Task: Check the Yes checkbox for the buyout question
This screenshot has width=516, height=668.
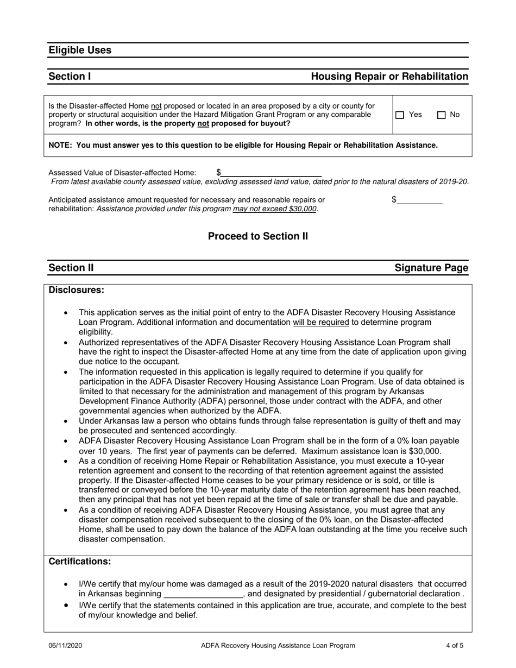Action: point(400,115)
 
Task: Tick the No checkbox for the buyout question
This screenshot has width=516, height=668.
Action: point(442,115)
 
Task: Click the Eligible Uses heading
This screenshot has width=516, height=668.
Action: point(80,50)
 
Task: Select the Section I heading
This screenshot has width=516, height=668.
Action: point(70,77)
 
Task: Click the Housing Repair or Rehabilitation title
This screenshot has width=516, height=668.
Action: point(389,77)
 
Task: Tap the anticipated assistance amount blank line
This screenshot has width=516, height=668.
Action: point(420,200)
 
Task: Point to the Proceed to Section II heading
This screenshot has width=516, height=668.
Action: point(258,236)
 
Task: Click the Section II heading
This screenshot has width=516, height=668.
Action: point(71,268)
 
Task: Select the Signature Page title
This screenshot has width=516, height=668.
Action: point(431,268)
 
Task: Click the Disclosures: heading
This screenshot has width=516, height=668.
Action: point(77,290)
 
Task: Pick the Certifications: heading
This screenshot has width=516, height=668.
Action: point(80,561)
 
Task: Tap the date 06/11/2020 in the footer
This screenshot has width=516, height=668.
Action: point(66,646)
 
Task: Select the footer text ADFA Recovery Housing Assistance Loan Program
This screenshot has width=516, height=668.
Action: point(278,646)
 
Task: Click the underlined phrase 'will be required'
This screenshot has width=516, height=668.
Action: point(320,322)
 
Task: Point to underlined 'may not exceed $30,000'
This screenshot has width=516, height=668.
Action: point(275,209)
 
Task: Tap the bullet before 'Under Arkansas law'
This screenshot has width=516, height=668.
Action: point(66,421)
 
